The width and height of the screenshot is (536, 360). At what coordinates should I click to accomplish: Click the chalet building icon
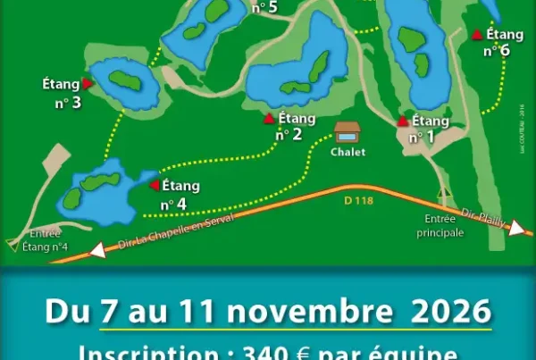click(x=348, y=133)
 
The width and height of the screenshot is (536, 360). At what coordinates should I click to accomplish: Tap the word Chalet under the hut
click(x=348, y=152)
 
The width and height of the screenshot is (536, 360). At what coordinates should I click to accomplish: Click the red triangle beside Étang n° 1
click(x=403, y=121)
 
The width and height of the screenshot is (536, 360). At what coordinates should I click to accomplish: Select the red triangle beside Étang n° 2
click(x=269, y=118)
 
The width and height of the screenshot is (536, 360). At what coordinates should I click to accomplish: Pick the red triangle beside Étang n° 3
click(x=88, y=83)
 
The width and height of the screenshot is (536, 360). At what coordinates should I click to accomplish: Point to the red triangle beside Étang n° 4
click(x=154, y=186)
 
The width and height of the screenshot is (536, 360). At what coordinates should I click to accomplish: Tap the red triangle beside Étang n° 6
click(x=478, y=35)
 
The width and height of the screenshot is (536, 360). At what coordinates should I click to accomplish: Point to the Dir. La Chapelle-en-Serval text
click(x=163, y=235)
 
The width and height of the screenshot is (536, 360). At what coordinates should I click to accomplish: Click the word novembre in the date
click(x=322, y=313)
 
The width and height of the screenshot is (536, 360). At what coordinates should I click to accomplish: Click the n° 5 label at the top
click(x=264, y=8)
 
